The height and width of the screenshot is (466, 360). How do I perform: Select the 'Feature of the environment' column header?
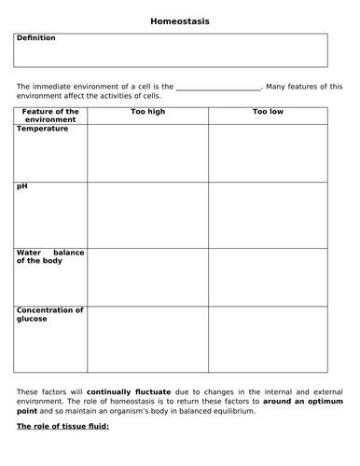tap(50, 116)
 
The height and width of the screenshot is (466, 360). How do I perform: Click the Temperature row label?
tap(43, 129)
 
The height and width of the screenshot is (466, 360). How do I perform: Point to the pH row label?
tap(22, 187)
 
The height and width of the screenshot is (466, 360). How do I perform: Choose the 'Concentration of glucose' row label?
tap(50, 314)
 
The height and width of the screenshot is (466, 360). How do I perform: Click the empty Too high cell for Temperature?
tap(147, 153)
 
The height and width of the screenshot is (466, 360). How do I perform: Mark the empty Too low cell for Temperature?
tap(268, 153)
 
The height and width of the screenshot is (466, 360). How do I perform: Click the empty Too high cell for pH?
tap(147, 214)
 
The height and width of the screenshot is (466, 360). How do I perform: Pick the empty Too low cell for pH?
tap(268, 214)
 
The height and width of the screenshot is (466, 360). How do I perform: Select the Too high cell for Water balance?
tap(147, 276)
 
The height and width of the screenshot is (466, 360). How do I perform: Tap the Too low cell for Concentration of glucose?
tap(268, 336)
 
